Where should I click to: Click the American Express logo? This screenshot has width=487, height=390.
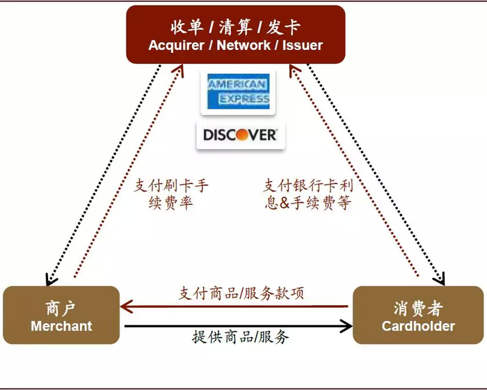(237, 92)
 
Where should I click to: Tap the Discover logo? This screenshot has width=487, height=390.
(237, 134)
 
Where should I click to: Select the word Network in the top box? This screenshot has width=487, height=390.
(243, 46)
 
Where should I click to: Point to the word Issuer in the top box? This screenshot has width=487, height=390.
(303, 46)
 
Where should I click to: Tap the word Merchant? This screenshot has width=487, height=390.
(61, 326)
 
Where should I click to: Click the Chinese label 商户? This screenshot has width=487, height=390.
(61, 308)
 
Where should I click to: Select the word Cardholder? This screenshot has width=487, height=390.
(418, 326)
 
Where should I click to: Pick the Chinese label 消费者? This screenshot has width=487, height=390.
(418, 308)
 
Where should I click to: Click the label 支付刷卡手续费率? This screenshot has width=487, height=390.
(170, 195)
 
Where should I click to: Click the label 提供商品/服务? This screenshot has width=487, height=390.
(241, 338)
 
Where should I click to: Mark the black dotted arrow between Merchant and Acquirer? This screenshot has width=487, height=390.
(104, 174)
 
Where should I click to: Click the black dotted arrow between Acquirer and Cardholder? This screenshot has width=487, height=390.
(376, 174)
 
